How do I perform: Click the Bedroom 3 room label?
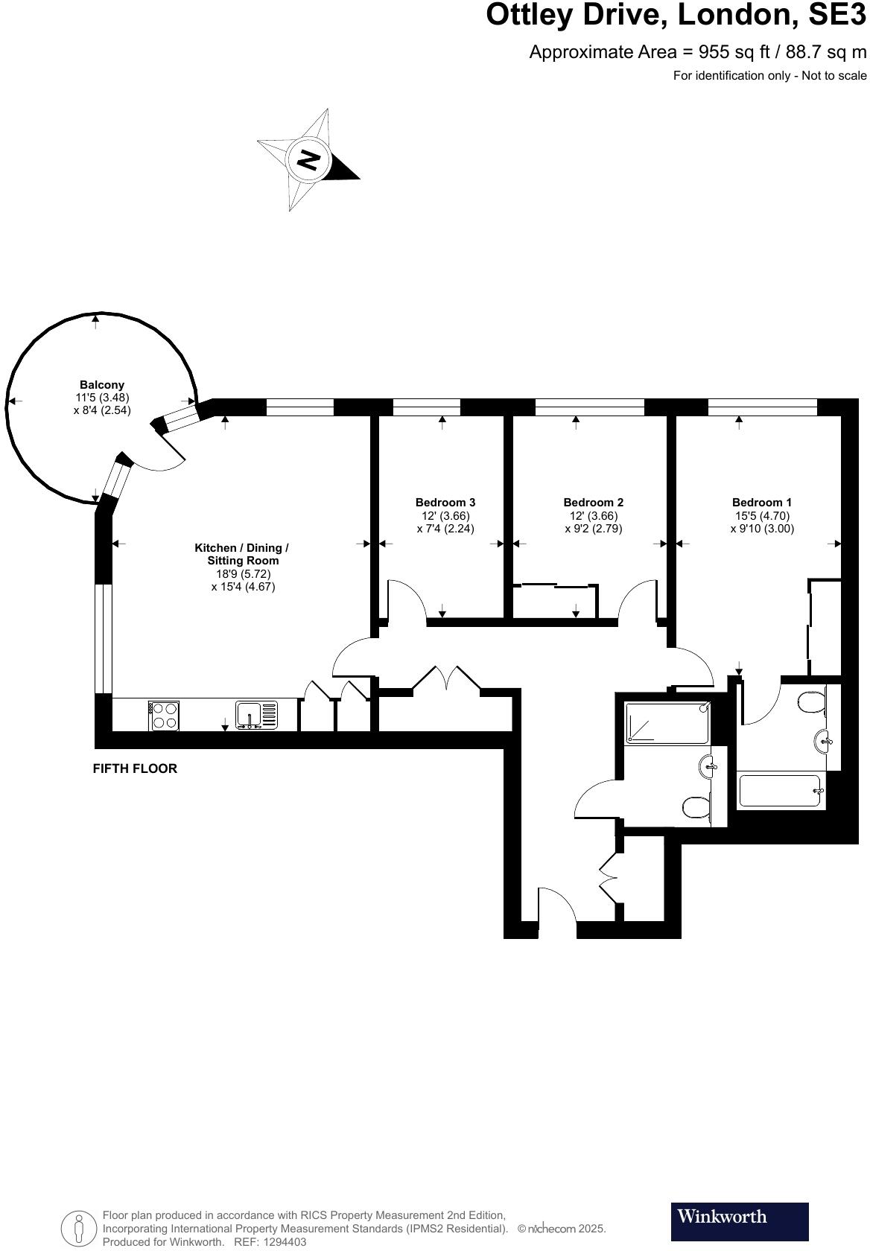445,502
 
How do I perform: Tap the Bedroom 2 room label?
594,502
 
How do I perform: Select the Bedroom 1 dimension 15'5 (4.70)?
762,515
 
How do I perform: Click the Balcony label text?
102,384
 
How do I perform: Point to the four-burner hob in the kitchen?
164,716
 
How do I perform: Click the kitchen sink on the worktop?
256,716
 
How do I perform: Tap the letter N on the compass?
308,160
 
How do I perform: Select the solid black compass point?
342,168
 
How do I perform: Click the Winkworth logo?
739,1221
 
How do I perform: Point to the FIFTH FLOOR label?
135,768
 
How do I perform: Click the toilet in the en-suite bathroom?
813,702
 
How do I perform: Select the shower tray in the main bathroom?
667,722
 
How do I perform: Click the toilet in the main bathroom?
696,807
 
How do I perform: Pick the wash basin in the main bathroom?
708,766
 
